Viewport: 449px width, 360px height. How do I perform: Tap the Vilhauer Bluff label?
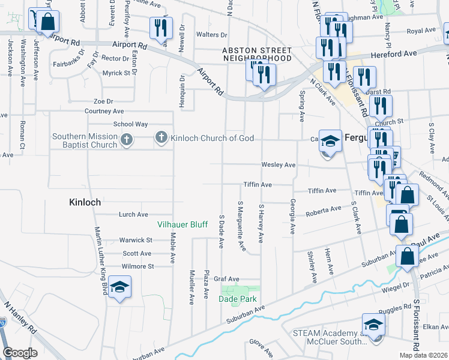[182, 225]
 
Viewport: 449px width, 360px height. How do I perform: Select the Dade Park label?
[238, 299]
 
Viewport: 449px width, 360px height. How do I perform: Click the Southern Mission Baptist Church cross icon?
[126, 140]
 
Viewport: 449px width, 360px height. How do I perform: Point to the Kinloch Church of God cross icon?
[161, 138]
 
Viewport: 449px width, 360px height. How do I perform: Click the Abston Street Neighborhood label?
[257, 55]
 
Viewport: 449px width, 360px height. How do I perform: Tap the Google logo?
[20, 353]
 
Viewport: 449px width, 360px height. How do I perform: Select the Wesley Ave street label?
[278, 165]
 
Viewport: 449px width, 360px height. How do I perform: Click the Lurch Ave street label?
[133, 214]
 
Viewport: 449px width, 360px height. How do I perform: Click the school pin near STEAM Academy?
[373, 326]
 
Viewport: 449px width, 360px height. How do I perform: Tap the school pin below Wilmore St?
[120, 288]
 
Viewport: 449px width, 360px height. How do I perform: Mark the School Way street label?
[130, 124]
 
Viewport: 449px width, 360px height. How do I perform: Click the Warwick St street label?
[135, 240]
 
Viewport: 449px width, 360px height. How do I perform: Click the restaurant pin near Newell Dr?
[161, 29]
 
